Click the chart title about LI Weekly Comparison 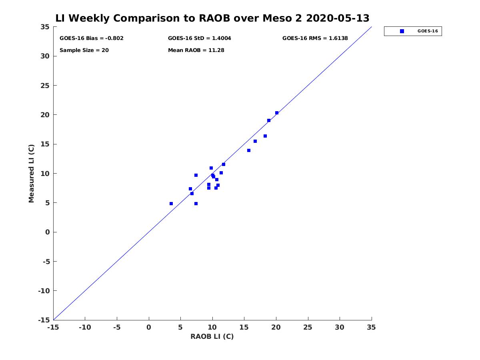pos(212,18)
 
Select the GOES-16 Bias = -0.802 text pos(92,38)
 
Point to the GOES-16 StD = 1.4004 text pos(200,38)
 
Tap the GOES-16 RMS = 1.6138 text pos(315,38)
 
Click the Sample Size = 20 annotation pos(84,50)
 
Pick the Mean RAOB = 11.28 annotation pos(196,50)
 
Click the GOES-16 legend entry pos(412,31)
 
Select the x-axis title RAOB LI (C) pos(212,336)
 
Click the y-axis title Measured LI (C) pos(32,174)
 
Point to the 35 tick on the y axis pos(45,27)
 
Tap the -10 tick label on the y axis pos(43,291)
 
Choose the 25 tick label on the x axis pos(308,328)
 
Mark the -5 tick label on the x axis pos(117,328)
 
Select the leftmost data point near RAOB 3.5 pos(171,204)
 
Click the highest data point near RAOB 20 pos(277,113)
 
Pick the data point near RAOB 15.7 pos(249,150)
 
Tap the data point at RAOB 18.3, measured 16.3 pos(265,136)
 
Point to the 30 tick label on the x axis pos(340,328)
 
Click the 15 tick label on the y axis pos(45,144)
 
